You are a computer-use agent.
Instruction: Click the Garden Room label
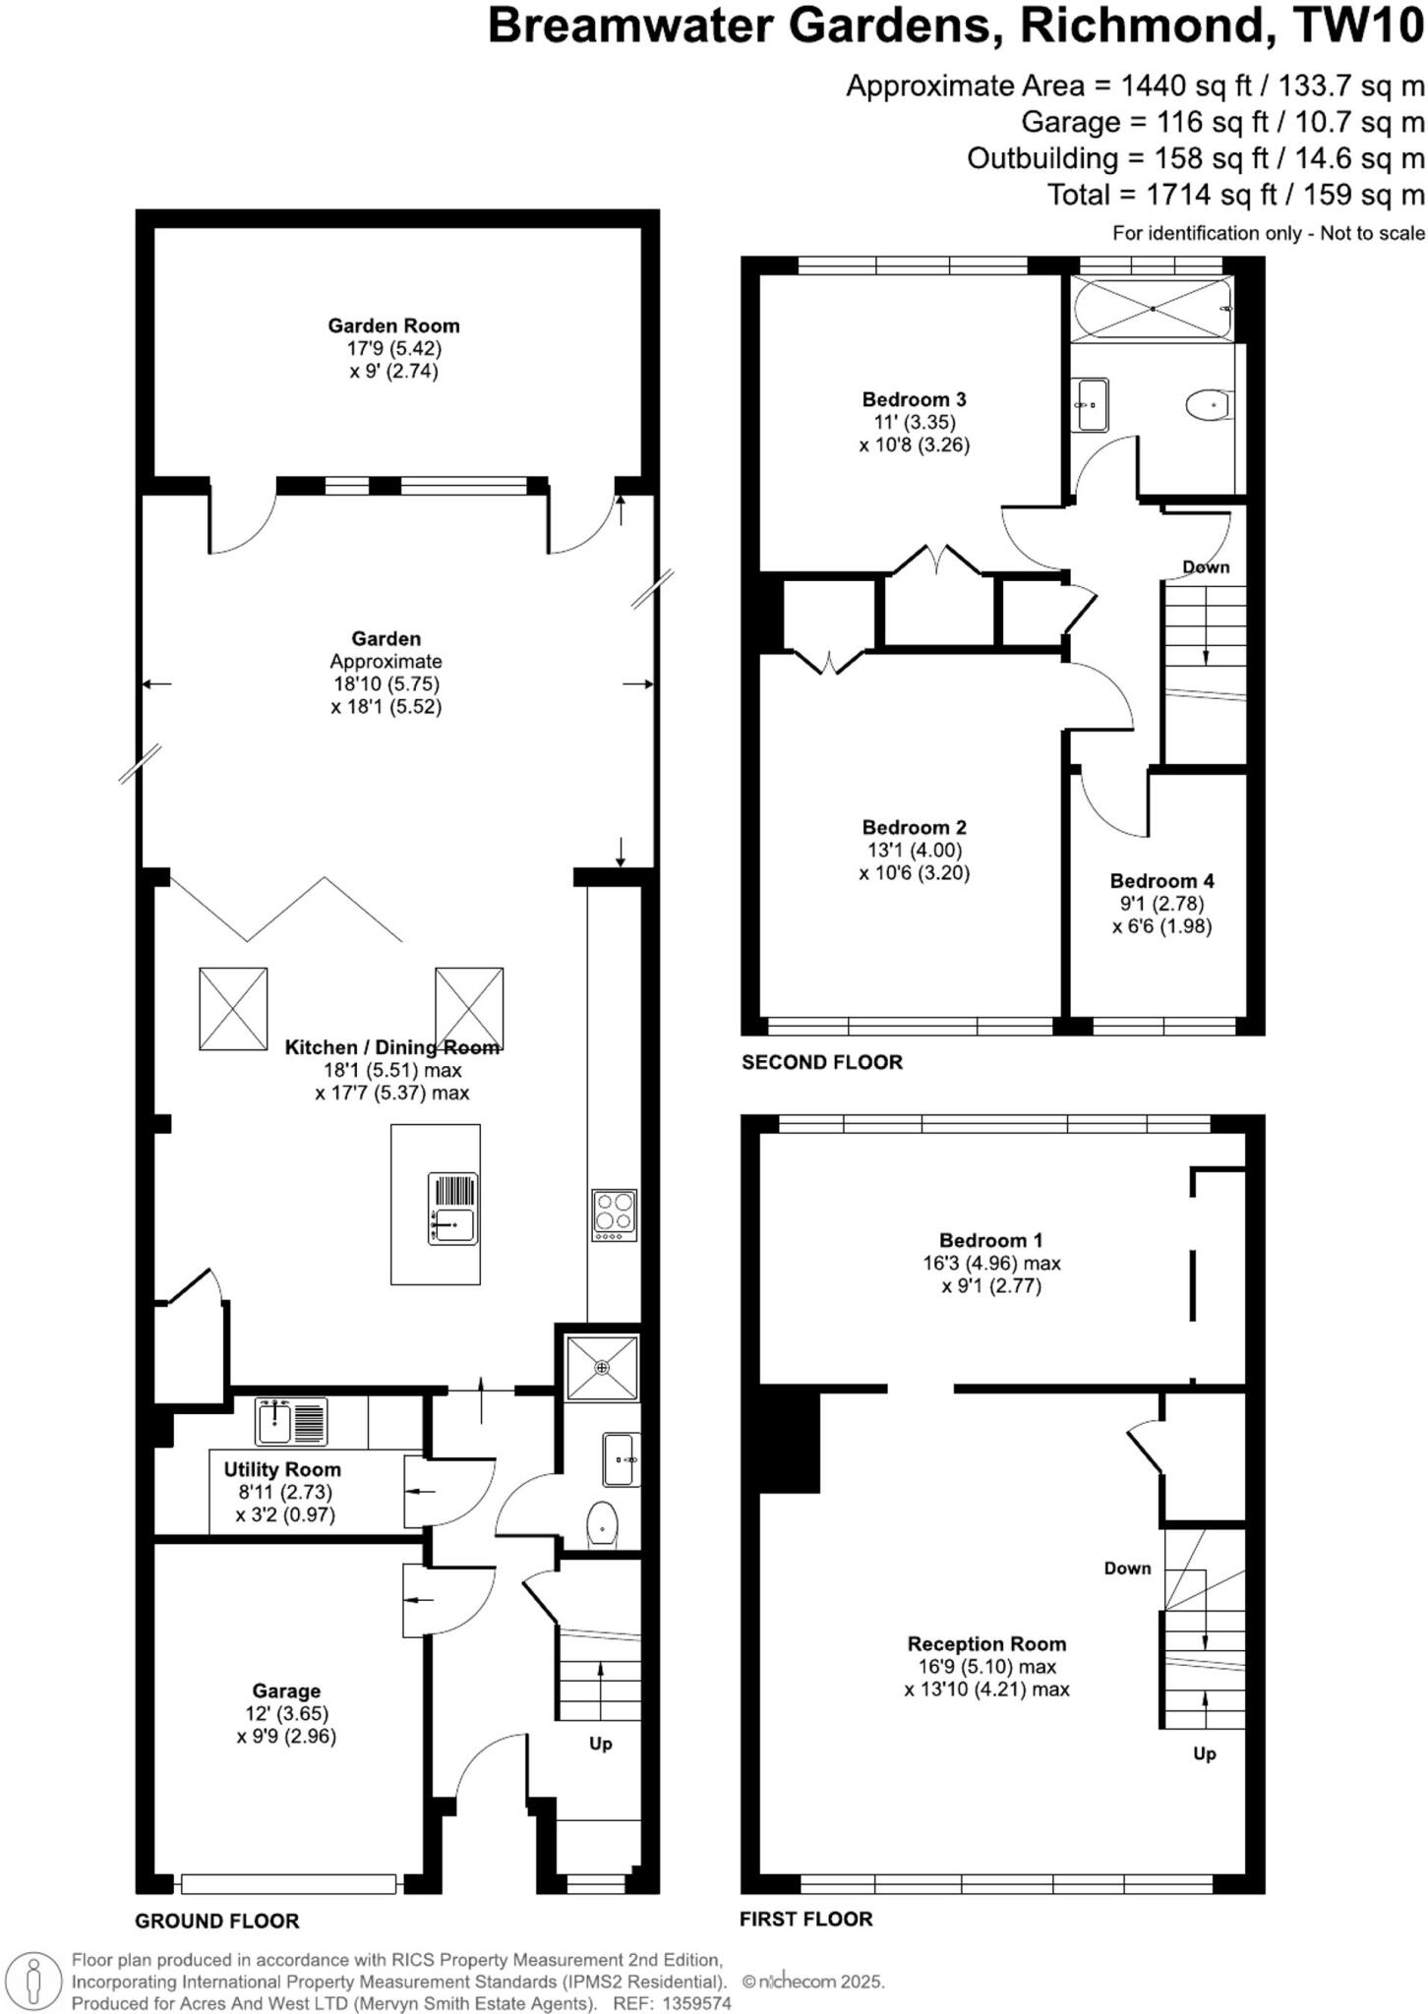[393, 326]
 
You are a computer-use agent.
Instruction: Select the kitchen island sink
[454, 1209]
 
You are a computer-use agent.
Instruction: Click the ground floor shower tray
[601, 1367]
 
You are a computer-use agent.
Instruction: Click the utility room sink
[290, 1421]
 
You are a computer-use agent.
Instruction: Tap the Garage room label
[286, 1690]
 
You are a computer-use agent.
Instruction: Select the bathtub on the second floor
[1153, 308]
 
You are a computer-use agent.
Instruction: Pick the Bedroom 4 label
[1161, 881]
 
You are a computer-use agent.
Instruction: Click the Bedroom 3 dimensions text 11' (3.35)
[915, 422]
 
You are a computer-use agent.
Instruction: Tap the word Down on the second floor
[1206, 567]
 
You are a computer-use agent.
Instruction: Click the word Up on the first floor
[1205, 1753]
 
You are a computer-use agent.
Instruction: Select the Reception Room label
[986, 1643]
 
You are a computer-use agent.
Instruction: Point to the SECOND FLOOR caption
[822, 1062]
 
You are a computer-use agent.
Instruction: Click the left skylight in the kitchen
[233, 1008]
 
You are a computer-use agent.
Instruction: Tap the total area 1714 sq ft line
[1235, 195]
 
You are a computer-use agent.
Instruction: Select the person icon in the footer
[35, 1980]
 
